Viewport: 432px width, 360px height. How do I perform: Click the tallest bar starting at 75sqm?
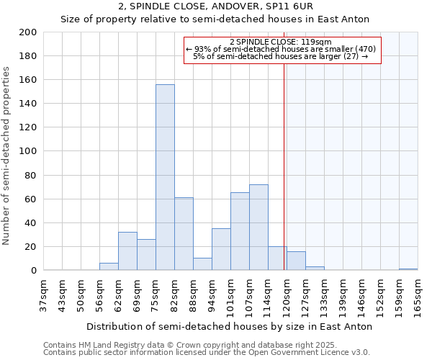(x=165, y=177)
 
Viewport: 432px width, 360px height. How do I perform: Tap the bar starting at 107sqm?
(x=258, y=227)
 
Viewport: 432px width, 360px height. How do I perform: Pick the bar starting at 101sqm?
(x=240, y=231)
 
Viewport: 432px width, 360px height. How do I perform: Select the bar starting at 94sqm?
(x=221, y=249)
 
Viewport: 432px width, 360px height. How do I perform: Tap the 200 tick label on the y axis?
(x=28, y=32)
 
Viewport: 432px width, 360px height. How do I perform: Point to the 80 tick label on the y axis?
(x=31, y=175)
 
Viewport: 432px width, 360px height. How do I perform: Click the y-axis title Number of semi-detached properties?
(x=7, y=156)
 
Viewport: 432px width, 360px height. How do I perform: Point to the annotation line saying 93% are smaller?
(x=281, y=49)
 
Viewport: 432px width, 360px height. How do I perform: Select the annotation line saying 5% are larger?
(x=281, y=56)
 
